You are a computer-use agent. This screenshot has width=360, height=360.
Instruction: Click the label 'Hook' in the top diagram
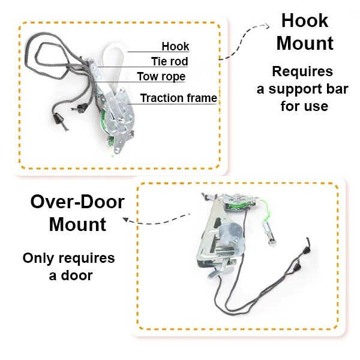point(175,46)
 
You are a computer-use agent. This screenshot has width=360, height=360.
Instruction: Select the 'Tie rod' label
point(169,61)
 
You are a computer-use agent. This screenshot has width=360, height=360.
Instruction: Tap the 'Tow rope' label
point(161,77)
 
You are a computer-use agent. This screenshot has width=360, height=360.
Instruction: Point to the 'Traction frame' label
point(178,98)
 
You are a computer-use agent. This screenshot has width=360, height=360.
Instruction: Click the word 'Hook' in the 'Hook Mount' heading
point(305,21)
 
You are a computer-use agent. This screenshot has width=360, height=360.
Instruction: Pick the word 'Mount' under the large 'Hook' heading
point(305,44)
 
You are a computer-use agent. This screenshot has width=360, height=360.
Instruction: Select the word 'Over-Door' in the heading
point(77,202)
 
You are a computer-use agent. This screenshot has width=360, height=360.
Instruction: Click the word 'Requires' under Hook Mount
point(302,72)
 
